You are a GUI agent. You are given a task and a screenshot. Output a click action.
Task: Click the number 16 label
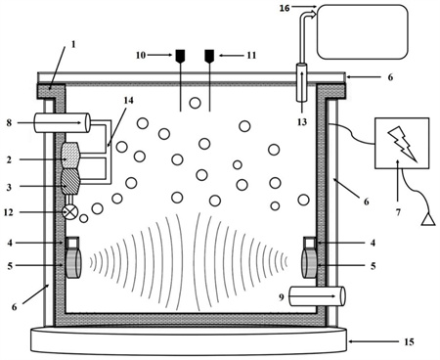pyautogui.click(x=285, y=8)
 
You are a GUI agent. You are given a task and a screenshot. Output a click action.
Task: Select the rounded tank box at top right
pyautogui.click(x=363, y=31)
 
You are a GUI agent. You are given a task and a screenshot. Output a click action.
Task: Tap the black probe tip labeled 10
pyautogui.click(x=180, y=56)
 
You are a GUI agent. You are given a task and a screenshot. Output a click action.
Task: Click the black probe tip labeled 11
pyautogui.click(x=209, y=56)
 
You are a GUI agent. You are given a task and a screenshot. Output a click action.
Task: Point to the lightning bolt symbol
pyautogui.click(x=402, y=144)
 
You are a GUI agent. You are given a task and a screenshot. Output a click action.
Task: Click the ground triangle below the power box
pyautogui.click(x=428, y=219)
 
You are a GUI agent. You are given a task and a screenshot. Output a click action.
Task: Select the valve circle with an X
pyautogui.click(x=70, y=212)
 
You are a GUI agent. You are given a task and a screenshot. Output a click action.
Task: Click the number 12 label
pyautogui.click(x=9, y=212)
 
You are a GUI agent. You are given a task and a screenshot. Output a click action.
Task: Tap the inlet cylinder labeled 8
pyautogui.click(x=62, y=122)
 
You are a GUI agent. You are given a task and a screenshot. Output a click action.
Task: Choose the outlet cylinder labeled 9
pyautogui.click(x=317, y=296)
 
